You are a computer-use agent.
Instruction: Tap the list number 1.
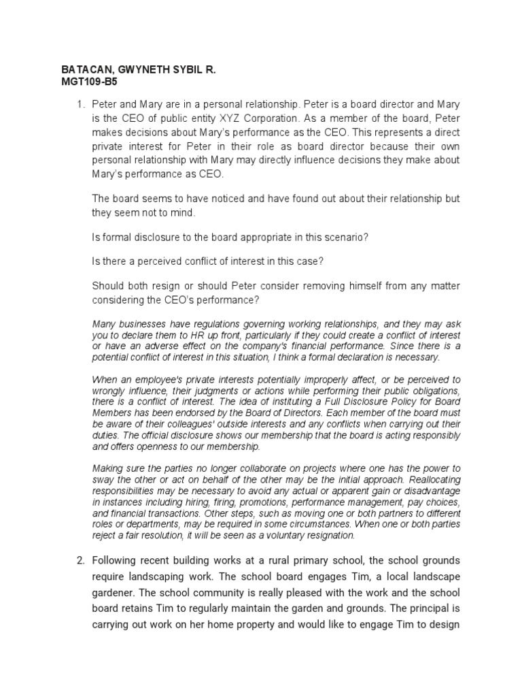79,104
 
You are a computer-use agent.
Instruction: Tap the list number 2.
79,560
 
